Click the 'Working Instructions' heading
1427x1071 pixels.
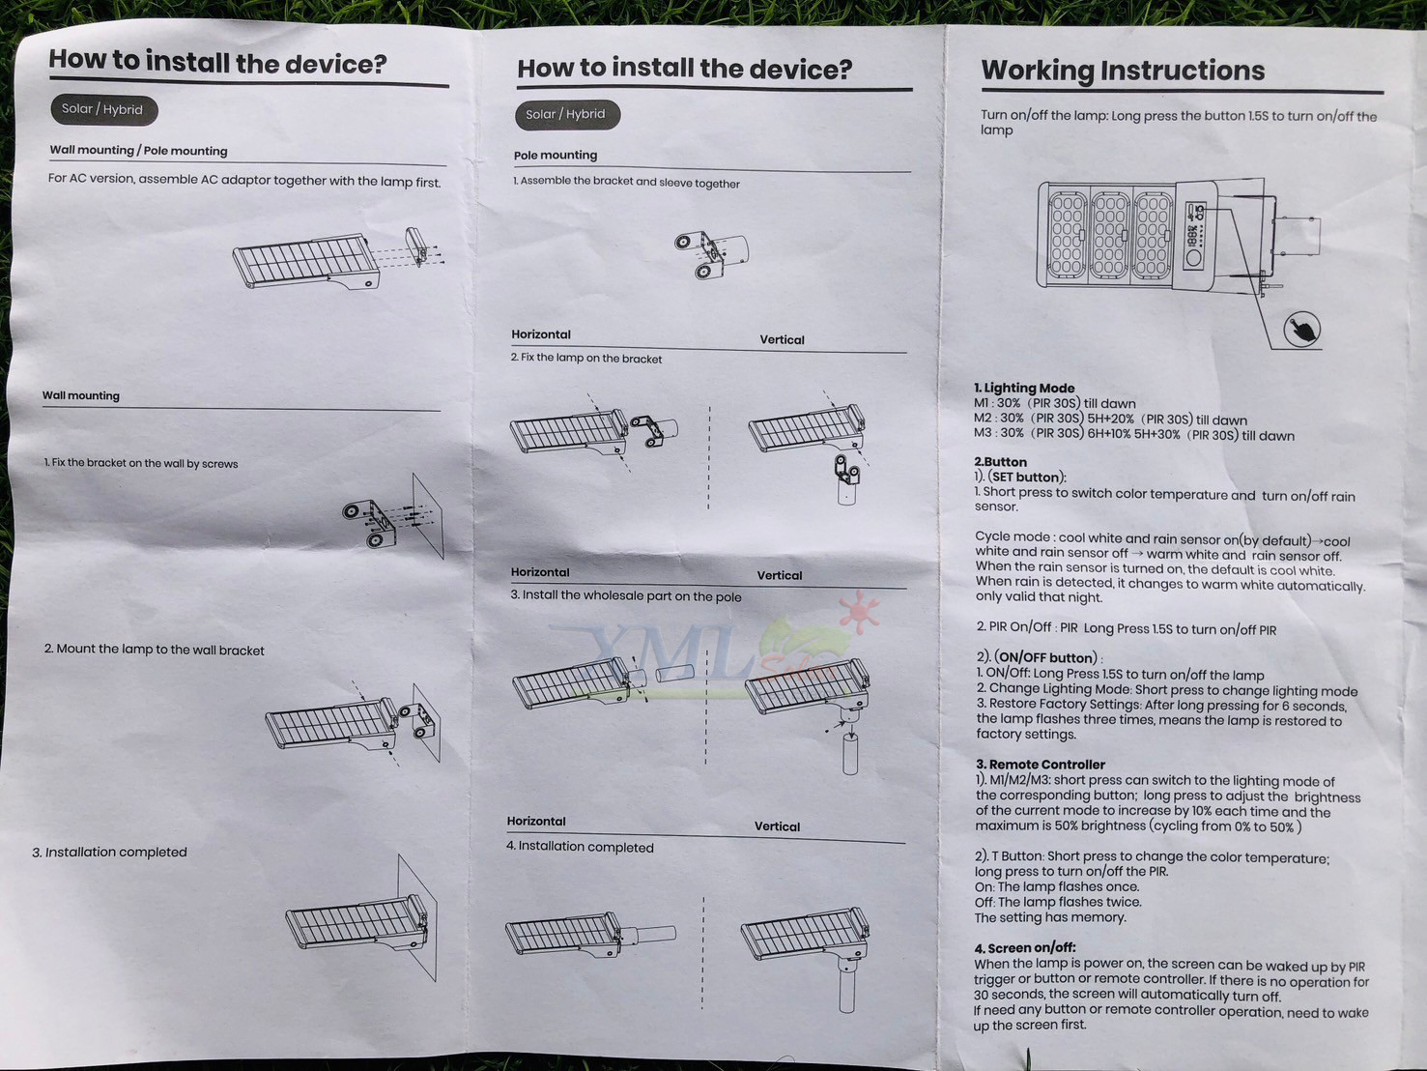point(1123,71)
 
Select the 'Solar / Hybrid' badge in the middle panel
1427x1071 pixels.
point(567,114)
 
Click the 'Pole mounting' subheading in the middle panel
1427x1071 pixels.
point(556,156)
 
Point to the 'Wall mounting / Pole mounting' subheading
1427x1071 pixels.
point(138,150)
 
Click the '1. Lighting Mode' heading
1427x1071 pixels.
point(1024,389)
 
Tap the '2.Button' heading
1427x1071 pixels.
point(1001,462)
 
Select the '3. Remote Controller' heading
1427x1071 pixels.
point(1041,764)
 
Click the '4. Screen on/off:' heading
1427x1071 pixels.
point(1025,947)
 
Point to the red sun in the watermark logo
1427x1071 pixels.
point(860,611)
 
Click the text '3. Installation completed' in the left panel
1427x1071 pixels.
point(109,852)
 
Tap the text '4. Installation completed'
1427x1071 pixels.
point(580,847)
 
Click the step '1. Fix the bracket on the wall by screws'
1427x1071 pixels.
point(141,463)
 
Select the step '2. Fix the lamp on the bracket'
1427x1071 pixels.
point(586,359)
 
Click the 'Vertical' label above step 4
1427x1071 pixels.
point(777,826)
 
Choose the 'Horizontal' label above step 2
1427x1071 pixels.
point(541,334)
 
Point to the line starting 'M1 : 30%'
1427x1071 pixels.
point(1054,404)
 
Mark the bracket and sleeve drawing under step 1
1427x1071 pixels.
point(711,254)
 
